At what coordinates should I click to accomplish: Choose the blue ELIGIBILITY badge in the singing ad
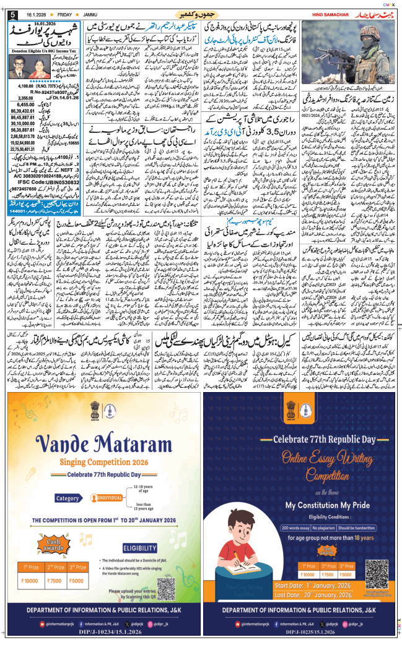(139, 531)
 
